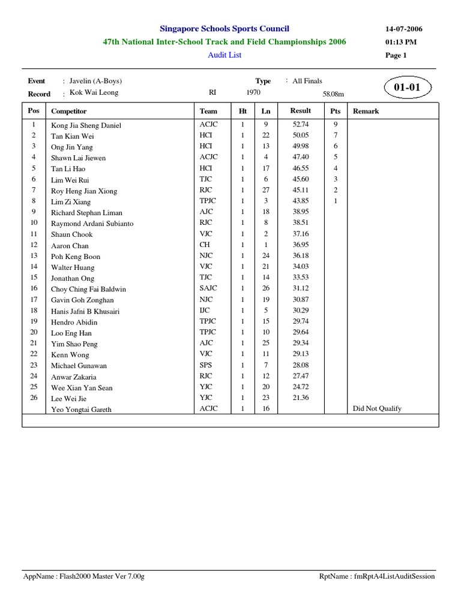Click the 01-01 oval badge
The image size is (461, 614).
click(x=406, y=88)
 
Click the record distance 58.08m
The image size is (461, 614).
click(x=333, y=94)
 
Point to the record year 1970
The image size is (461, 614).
click(x=253, y=93)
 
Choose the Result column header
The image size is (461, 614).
click(x=300, y=111)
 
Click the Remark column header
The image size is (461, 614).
click(x=366, y=111)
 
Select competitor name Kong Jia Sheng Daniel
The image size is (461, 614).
click(x=86, y=125)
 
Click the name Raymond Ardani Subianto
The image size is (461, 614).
click(x=92, y=224)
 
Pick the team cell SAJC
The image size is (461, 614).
click(x=208, y=288)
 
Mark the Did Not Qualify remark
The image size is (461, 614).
click(x=377, y=409)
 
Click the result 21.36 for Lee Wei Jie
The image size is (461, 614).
click(x=300, y=398)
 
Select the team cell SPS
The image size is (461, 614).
click(x=206, y=365)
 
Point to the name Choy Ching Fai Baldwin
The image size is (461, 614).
click(x=88, y=289)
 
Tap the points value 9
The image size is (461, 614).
click(x=336, y=125)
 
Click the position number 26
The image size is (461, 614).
click(x=34, y=398)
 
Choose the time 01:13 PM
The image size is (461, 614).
click(x=401, y=42)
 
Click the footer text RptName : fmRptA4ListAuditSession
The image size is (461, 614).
click(x=377, y=576)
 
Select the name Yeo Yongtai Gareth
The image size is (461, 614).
click(x=81, y=410)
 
